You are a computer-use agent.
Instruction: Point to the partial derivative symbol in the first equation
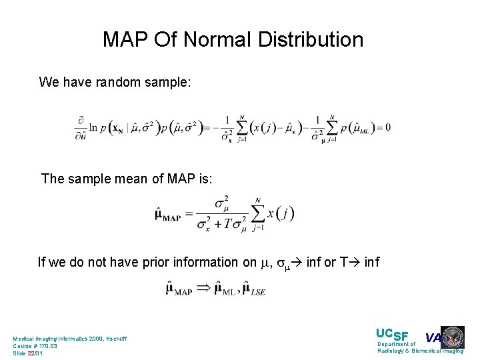[x=80, y=121]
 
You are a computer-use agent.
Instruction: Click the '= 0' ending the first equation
[x=383, y=127]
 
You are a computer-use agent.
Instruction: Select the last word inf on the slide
[x=371, y=262]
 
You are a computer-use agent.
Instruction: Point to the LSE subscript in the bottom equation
[x=257, y=292]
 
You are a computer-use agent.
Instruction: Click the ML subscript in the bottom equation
[x=227, y=291]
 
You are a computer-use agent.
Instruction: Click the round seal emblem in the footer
[x=453, y=337]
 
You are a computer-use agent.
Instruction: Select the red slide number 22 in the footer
[x=31, y=353]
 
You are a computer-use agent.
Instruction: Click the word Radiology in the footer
[x=393, y=351]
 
